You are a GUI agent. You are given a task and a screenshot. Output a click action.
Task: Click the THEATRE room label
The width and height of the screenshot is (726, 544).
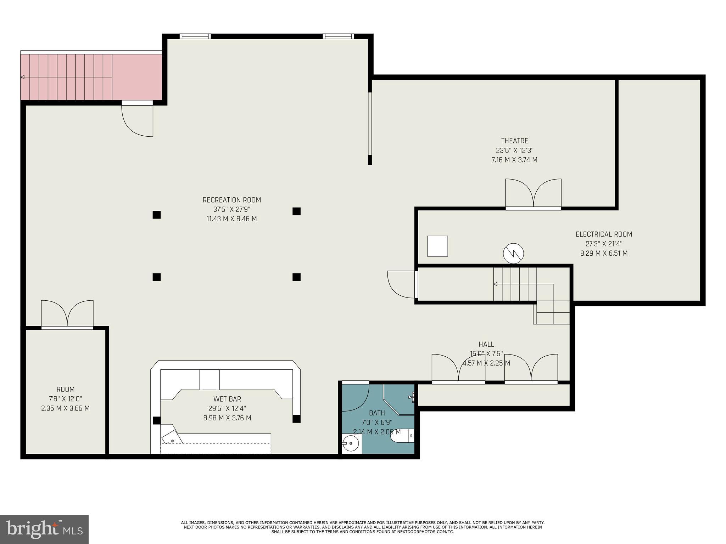(x=514, y=141)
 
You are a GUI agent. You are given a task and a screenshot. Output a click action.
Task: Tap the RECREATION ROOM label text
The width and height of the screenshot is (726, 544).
(x=232, y=200)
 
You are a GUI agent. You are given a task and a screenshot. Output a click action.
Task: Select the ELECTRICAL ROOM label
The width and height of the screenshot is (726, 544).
(x=604, y=234)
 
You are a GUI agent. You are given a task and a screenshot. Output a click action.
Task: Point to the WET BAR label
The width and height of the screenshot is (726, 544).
(x=227, y=399)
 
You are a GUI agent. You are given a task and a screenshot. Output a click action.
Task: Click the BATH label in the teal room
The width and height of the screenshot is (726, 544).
(x=377, y=413)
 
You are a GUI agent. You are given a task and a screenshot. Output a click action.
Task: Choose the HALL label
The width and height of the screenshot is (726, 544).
(x=486, y=344)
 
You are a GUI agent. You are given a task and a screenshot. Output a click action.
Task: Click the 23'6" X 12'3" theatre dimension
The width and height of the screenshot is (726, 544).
(x=514, y=151)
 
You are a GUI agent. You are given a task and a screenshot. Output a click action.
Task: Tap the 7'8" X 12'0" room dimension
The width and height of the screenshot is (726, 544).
(x=66, y=399)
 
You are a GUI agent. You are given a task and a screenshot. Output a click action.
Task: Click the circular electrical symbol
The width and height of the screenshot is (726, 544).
(x=513, y=253)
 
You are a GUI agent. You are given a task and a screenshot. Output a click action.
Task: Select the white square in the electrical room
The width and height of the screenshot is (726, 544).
(x=437, y=246)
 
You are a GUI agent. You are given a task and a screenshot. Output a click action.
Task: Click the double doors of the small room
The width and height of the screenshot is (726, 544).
(x=67, y=314)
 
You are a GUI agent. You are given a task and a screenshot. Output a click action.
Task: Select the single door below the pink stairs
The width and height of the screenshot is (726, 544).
(x=138, y=119)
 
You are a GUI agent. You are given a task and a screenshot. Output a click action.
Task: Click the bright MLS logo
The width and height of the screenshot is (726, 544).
(x=44, y=529)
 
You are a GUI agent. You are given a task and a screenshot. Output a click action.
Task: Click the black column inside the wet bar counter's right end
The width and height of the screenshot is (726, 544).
(x=297, y=419)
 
